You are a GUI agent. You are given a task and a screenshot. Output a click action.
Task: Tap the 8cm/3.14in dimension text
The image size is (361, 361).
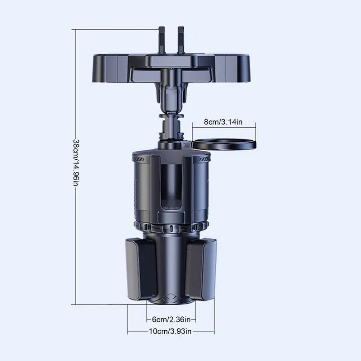pyautogui.click(x=224, y=121)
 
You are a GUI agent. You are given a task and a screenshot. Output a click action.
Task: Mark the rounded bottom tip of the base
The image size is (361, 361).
pyautogui.click(x=171, y=300)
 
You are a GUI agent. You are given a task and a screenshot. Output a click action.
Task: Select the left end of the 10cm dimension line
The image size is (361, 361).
pyautogui.click(x=128, y=332)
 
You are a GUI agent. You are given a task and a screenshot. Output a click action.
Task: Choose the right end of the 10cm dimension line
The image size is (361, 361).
pyautogui.click(x=214, y=332)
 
